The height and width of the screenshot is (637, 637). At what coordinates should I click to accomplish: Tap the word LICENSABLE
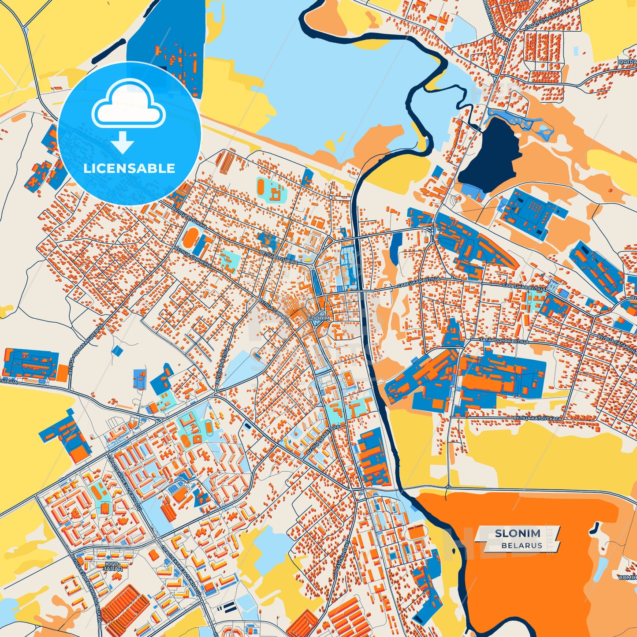129,168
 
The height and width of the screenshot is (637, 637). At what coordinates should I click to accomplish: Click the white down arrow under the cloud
122,142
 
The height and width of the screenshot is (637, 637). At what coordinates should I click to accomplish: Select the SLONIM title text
517,533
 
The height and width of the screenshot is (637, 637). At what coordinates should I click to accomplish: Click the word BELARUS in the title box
522,545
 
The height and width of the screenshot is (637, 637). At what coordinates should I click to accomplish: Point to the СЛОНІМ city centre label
318,318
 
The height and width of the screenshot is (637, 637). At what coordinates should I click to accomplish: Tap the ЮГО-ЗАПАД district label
112,566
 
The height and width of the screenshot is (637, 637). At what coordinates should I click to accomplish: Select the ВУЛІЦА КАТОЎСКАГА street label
537,418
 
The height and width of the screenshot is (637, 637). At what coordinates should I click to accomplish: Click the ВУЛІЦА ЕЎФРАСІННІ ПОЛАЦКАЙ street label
86,591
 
